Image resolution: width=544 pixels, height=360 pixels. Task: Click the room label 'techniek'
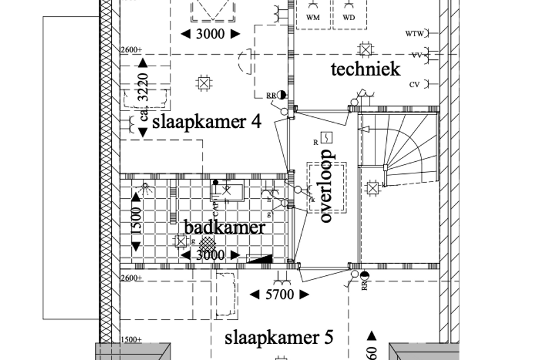click(365, 70)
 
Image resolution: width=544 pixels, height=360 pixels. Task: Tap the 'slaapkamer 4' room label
click(207, 122)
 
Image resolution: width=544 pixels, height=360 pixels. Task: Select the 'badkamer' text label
click(225, 227)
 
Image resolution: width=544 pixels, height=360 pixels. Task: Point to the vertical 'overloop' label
click(326, 185)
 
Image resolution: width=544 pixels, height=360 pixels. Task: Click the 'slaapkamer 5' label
click(279, 337)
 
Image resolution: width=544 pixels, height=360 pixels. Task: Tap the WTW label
click(414, 34)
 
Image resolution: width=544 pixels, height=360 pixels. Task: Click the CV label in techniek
click(414, 85)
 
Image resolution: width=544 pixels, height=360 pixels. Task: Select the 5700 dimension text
click(280, 295)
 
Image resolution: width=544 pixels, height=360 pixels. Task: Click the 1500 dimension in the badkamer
click(136, 221)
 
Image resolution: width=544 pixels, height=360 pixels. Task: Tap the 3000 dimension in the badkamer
click(210, 255)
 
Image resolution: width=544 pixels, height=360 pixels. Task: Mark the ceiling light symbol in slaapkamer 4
click(203, 83)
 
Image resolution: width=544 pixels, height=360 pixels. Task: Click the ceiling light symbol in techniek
click(364, 50)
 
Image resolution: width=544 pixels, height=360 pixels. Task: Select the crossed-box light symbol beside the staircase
click(372, 187)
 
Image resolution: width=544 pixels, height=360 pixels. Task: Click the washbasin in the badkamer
click(228, 191)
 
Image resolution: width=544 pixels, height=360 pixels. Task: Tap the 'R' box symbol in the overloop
click(326, 138)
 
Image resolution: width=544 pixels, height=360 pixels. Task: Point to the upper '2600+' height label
click(131, 50)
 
